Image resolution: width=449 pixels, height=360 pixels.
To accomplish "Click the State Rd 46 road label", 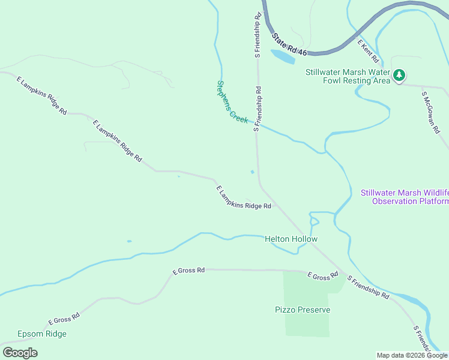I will tap(289, 46).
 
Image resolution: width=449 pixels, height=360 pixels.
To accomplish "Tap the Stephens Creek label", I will tap(232, 102).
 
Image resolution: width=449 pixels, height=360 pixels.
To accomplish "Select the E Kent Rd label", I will tap(368, 52).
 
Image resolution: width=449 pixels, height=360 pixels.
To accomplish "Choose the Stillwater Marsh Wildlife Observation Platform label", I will tap(404, 197).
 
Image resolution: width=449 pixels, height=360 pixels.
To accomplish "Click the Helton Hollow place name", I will tap(291, 239).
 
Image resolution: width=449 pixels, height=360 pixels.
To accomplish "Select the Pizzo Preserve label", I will tap(303, 310).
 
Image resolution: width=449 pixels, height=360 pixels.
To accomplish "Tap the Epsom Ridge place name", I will tap(42, 334).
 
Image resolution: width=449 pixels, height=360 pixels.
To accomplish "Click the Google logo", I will tap(20, 353).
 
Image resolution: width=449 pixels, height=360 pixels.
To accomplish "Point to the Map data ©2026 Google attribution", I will tap(411, 355).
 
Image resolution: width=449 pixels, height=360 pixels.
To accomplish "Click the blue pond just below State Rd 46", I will tap(283, 56).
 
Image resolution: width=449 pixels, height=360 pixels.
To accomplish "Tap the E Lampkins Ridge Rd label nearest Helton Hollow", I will tap(243, 197).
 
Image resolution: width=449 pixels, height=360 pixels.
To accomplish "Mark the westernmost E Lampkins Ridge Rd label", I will tap(41, 96).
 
